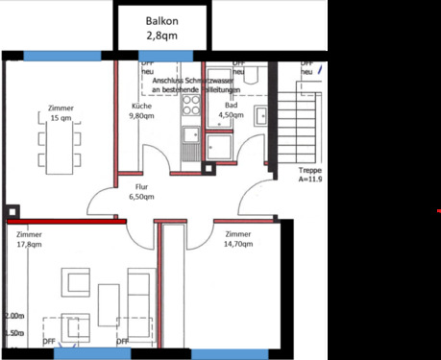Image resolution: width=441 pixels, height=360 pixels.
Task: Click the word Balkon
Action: (x=162, y=20)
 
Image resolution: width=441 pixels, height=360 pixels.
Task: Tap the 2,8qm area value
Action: (x=161, y=36)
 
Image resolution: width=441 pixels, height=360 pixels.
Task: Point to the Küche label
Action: (x=141, y=106)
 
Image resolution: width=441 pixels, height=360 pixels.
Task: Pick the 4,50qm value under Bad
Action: (x=231, y=115)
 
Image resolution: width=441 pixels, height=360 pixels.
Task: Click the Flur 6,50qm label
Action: (x=141, y=197)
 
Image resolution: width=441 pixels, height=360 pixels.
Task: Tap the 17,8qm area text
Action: (x=29, y=244)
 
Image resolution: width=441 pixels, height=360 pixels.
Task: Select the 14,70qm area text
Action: (x=238, y=244)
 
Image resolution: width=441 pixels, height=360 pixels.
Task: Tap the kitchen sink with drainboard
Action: (x=190, y=143)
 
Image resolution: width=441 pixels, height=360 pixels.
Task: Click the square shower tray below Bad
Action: (x=216, y=146)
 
